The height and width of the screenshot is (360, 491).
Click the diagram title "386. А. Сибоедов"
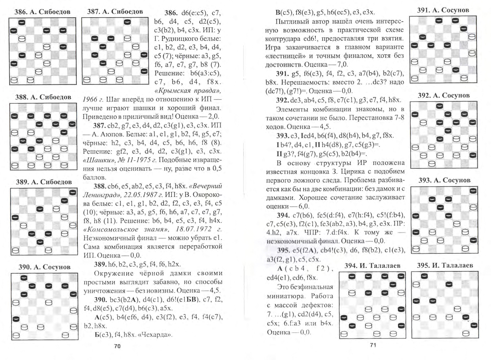(42, 12)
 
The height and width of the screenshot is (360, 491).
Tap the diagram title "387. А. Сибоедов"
(115, 11)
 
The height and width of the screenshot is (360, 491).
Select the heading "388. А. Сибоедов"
(43, 97)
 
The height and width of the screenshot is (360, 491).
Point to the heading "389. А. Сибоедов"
(44, 182)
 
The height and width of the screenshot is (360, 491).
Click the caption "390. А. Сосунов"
(45, 267)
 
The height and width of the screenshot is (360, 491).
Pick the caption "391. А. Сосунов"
(443, 10)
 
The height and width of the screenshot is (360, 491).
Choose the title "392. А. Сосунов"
(444, 95)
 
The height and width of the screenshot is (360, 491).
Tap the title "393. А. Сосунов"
(444, 180)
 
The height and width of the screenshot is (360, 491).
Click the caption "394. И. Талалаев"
(372, 266)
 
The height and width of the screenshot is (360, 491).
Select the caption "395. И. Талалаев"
(445, 266)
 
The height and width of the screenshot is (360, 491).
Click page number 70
(117, 346)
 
